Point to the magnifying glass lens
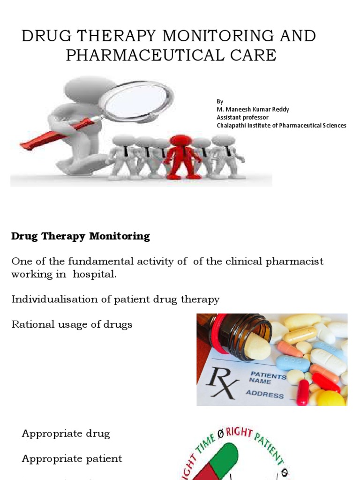pyautogui.click(x=136, y=99)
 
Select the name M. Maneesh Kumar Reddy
pyautogui.click(x=253, y=109)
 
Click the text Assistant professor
pyautogui.click(x=242, y=117)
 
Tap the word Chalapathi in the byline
pyautogui.click(x=232, y=125)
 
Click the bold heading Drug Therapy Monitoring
pyautogui.click(x=81, y=236)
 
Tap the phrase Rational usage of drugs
pyautogui.click(x=72, y=324)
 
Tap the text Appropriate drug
pyautogui.click(x=66, y=433)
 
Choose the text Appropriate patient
pyautogui.click(x=72, y=458)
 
